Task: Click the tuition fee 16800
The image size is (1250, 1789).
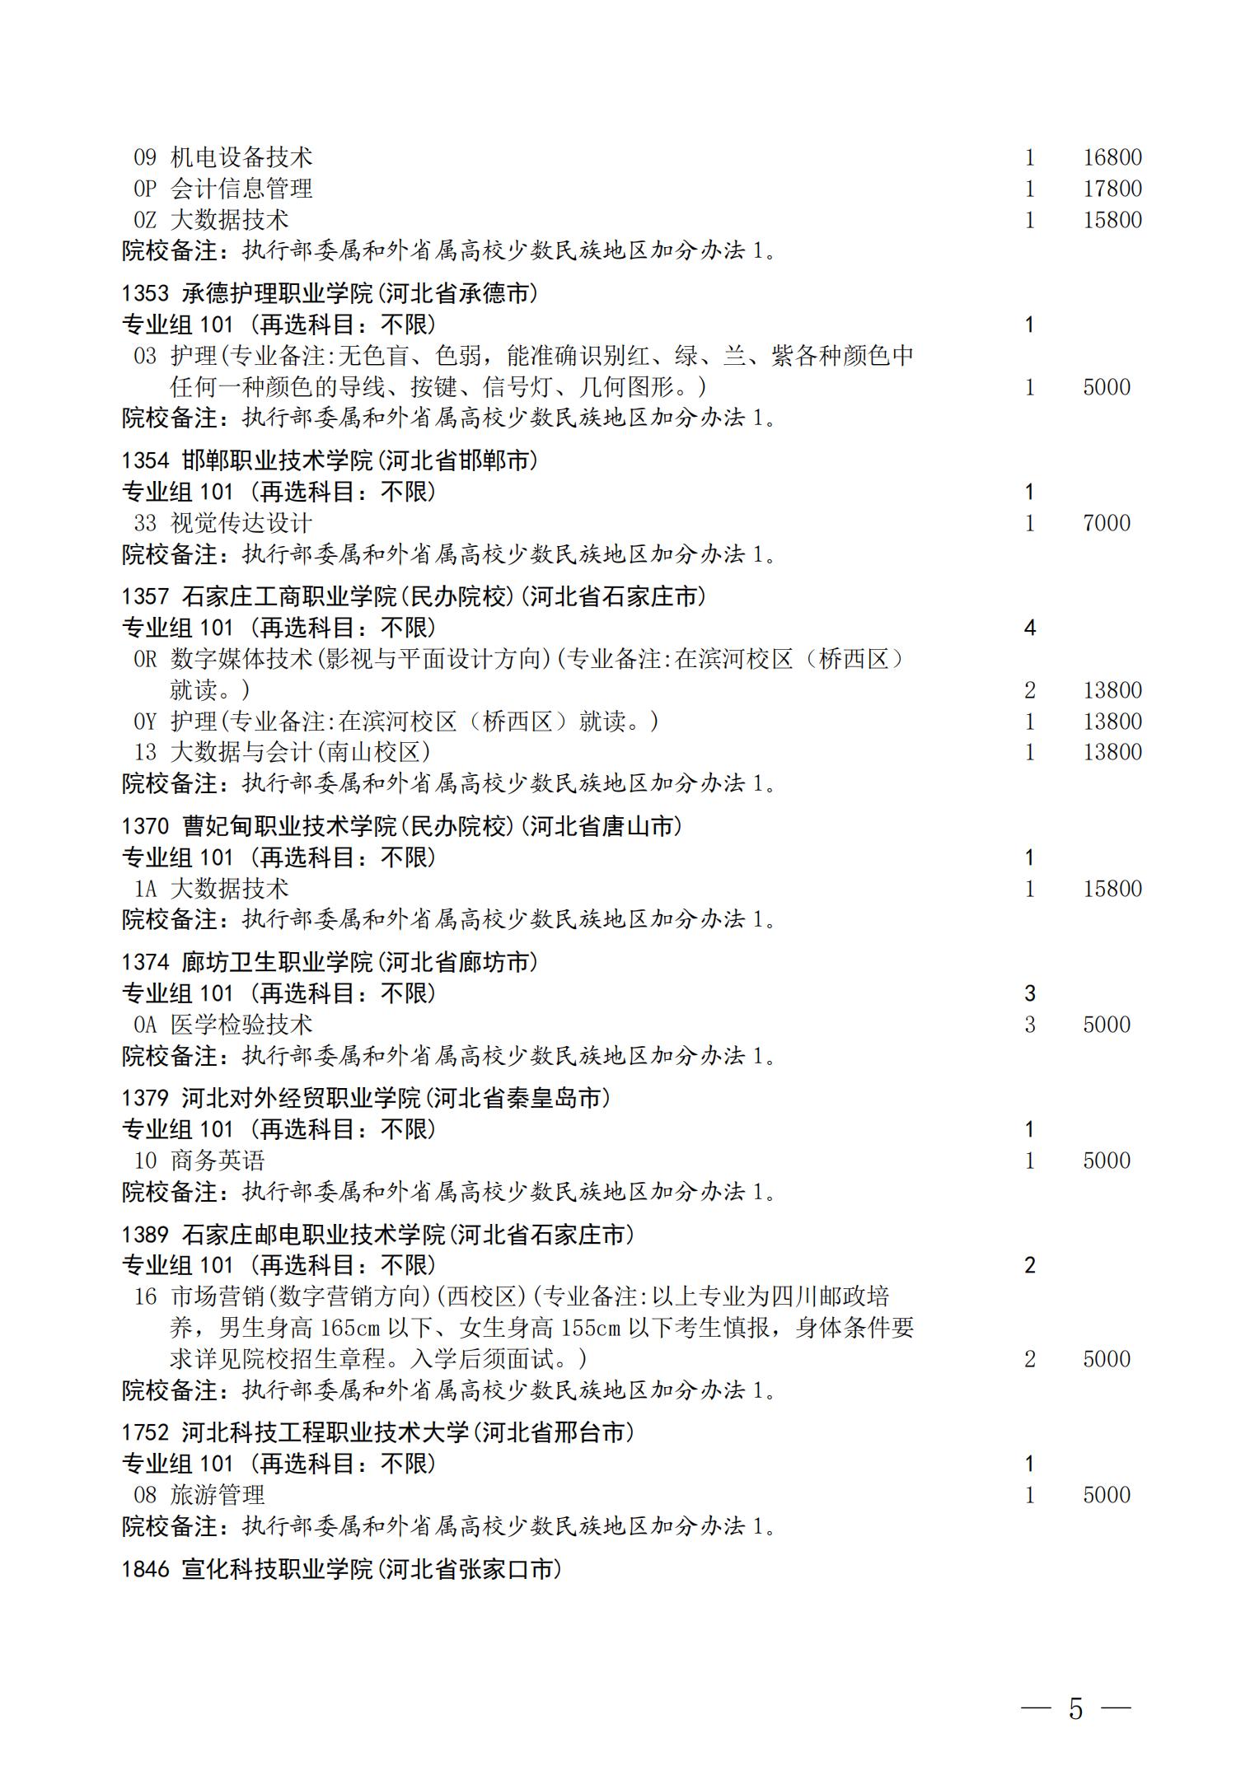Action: click(x=1112, y=157)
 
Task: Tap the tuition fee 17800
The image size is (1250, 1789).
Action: click(x=1112, y=189)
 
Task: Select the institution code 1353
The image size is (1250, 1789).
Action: click(x=146, y=293)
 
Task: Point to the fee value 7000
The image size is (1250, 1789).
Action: click(x=1106, y=523)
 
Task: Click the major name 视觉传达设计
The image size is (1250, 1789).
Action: click(x=241, y=523)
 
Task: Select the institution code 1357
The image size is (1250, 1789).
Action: click(x=146, y=596)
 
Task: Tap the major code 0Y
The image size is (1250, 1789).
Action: click(x=145, y=722)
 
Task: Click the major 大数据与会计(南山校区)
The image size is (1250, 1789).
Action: click(x=301, y=752)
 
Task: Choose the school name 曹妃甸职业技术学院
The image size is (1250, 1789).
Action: click(x=289, y=826)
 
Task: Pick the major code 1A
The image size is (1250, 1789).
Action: click(x=145, y=889)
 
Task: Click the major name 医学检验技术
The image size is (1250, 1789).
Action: click(x=241, y=1025)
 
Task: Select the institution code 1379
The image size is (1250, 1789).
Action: click(x=146, y=1098)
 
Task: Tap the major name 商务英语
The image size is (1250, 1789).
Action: click(x=218, y=1161)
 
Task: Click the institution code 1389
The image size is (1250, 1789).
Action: click(x=146, y=1235)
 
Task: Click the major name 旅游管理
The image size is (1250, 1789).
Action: click(x=218, y=1495)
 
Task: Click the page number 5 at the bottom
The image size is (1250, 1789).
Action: click(x=1075, y=1709)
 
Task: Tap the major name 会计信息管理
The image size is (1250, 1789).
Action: click(x=241, y=189)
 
